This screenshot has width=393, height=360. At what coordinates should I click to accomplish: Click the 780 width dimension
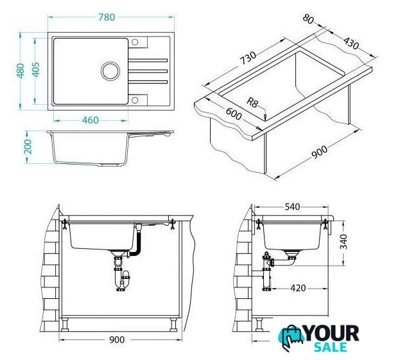(107, 17)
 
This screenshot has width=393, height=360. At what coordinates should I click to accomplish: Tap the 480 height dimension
(21, 71)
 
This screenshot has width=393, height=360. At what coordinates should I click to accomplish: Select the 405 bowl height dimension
(36, 69)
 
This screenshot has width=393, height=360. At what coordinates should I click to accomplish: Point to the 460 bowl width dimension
(91, 120)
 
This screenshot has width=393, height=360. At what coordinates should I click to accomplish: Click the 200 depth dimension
(28, 147)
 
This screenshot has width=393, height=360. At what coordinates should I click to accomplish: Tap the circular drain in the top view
(110, 71)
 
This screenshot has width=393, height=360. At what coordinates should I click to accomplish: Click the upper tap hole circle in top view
(135, 42)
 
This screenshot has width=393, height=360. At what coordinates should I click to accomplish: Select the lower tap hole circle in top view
(135, 100)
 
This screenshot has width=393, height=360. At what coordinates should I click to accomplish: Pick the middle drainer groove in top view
(148, 71)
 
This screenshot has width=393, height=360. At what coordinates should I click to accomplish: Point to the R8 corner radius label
(252, 102)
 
